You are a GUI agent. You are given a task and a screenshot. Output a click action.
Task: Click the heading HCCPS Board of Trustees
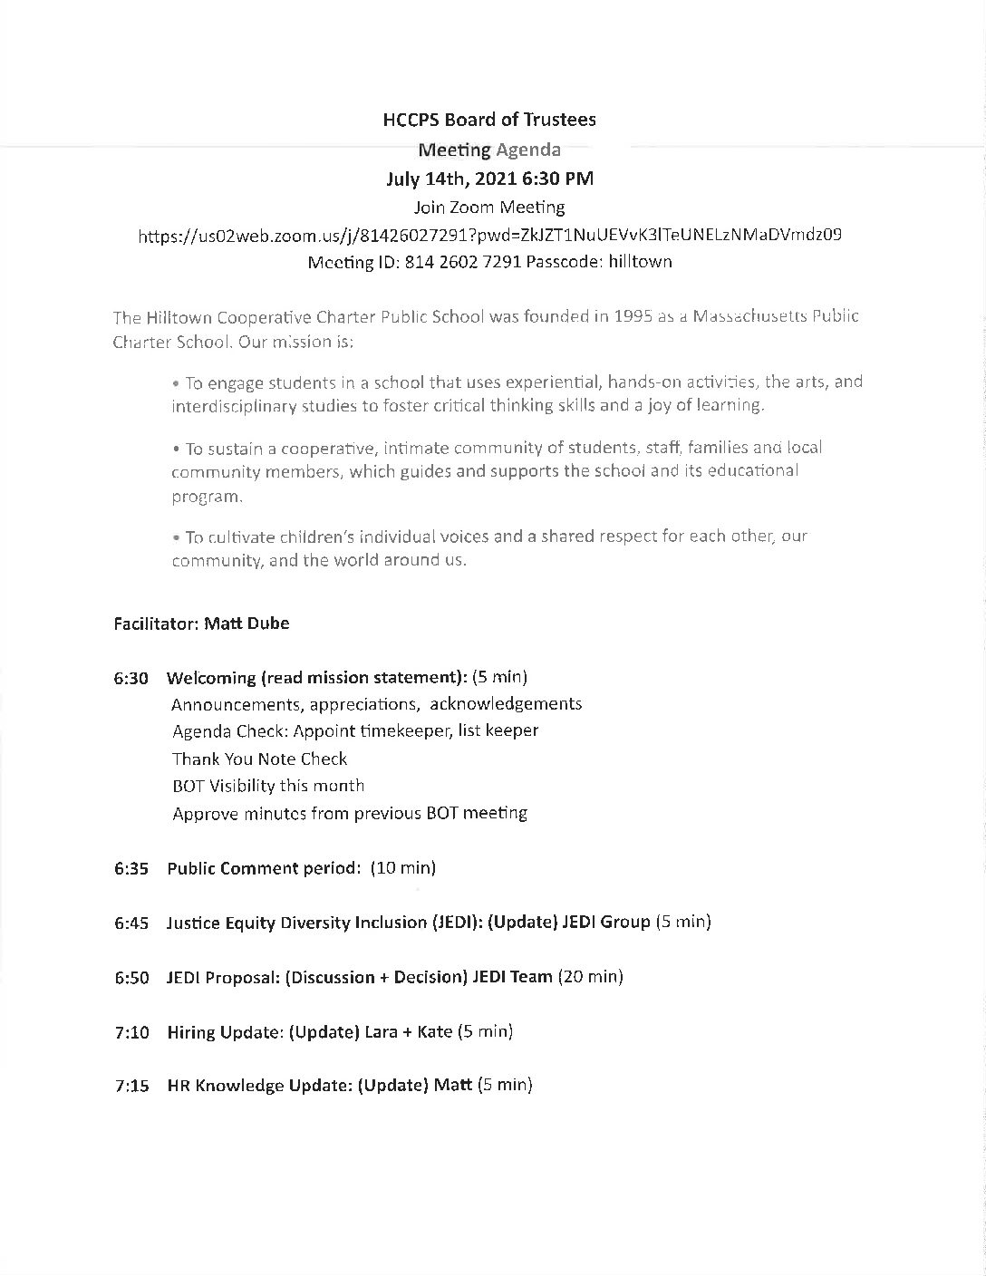point(490,120)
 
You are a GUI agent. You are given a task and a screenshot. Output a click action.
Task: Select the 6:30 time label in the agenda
point(131,678)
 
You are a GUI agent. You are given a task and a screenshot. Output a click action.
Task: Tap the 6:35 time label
point(131,868)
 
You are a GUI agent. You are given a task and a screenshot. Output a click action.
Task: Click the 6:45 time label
point(131,923)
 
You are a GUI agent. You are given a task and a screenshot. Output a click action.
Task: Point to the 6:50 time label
point(131,977)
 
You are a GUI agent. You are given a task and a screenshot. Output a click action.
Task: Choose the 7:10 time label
point(131,1031)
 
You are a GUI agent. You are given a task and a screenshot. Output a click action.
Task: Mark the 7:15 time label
point(131,1086)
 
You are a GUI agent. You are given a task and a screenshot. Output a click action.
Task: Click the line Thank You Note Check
point(260,759)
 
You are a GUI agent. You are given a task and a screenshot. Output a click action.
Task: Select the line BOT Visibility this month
point(268,786)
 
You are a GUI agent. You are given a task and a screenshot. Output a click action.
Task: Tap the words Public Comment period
point(263,868)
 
